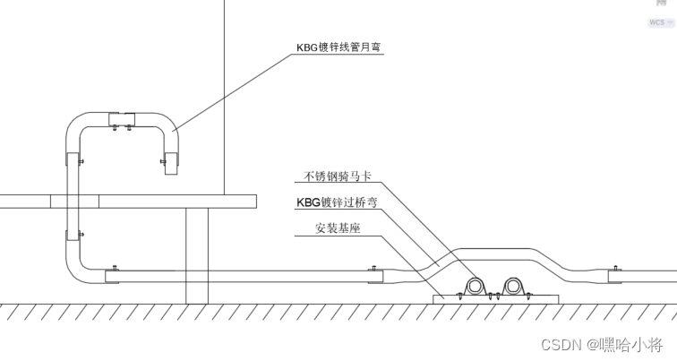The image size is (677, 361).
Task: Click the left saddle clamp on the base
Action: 474,286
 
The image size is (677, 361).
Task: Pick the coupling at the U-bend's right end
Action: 171,164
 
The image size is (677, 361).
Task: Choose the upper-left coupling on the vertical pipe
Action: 72,160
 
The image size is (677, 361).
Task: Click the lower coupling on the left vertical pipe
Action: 72,236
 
